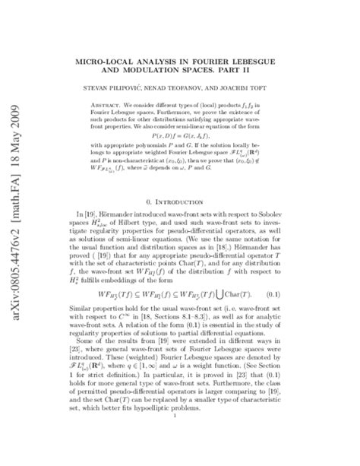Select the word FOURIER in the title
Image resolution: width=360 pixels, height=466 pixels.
click(235, 56)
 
